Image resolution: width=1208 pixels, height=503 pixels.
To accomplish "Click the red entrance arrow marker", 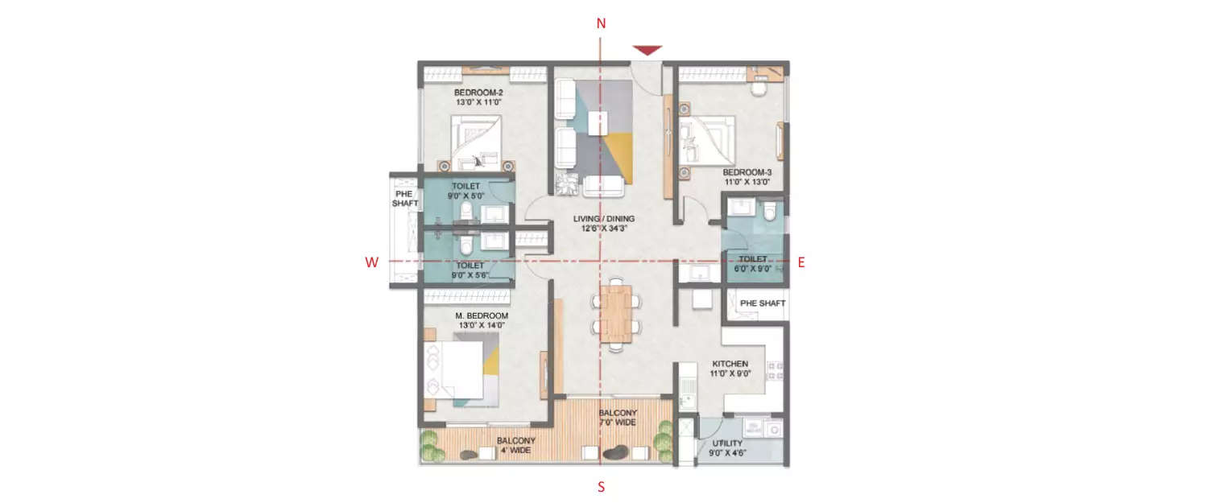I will click(647, 51).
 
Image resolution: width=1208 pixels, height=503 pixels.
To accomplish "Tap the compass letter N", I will click(601, 24).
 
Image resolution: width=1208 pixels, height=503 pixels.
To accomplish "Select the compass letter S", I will click(601, 487).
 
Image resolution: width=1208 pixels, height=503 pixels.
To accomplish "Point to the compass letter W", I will click(371, 262).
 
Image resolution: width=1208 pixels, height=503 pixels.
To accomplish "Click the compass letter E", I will click(801, 262).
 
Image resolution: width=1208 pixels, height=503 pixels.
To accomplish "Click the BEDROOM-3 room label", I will click(747, 177).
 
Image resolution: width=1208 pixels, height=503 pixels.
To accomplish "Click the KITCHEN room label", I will click(730, 369).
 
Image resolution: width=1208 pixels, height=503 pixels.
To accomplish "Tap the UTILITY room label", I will click(729, 447).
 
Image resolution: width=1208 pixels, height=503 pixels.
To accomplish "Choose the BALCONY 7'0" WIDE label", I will click(618, 418).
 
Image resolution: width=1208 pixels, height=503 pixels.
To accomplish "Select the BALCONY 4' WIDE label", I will click(515, 445).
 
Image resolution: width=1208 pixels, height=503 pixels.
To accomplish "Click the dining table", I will click(617, 313).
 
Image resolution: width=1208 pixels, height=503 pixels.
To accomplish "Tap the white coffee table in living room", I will click(598, 123).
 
